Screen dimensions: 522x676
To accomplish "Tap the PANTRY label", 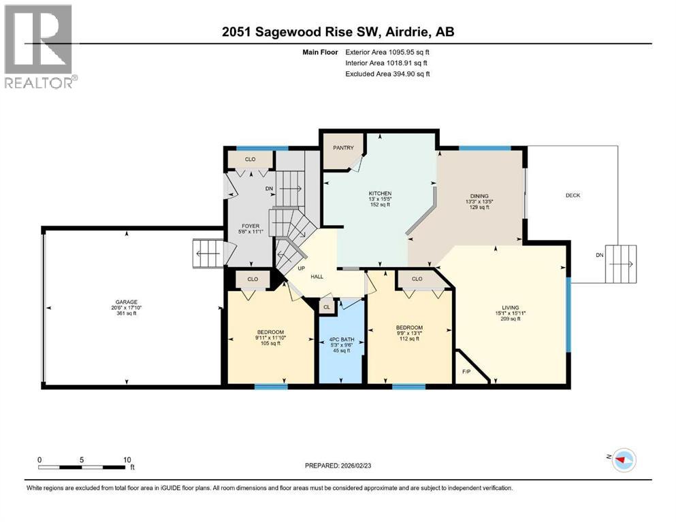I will pos(344,147).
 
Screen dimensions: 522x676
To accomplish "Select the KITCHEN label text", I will pos(380,194).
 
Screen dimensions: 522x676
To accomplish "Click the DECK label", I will pos(573,196).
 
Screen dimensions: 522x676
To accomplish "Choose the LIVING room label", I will pos(510,307).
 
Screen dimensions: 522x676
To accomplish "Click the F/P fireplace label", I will pos(466,372).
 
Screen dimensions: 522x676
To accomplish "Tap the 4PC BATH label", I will pos(342,338).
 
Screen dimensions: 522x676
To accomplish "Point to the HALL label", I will pos(317,277).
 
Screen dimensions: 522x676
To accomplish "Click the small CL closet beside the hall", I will pos(327,307).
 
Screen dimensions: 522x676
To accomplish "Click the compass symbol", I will pos(623,460).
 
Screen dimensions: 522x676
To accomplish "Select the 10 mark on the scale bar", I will pos(127,459).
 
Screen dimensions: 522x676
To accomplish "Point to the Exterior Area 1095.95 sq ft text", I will pos(387,52).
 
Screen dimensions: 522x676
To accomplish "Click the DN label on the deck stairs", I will pos(599,255).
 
